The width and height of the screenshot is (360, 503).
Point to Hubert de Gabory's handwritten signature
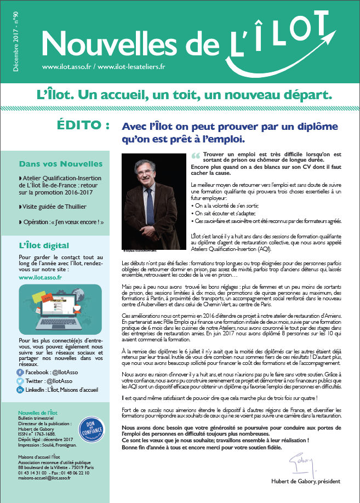point(299,462)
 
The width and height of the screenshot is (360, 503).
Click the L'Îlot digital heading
point(44,245)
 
